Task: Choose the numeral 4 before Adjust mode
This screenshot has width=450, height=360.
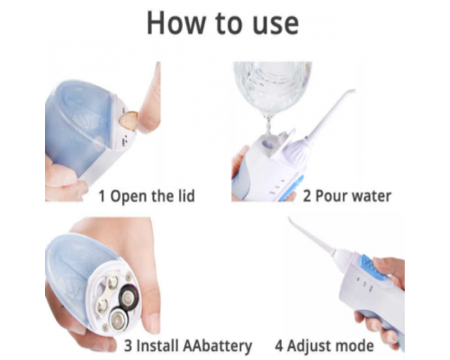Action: [281, 346]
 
